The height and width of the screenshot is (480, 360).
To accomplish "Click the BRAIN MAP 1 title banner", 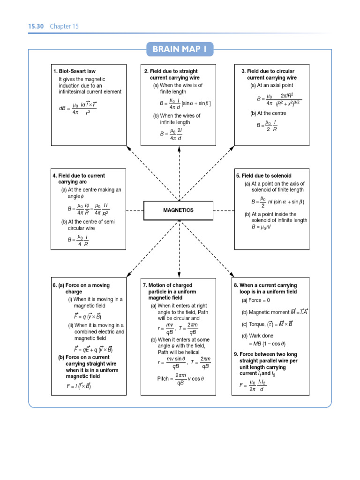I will tap(180, 49).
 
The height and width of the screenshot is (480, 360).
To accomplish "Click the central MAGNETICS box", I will tap(178, 210).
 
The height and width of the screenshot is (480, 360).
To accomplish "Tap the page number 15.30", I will tap(36, 26).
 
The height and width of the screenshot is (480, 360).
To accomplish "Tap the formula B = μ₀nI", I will tap(261, 227).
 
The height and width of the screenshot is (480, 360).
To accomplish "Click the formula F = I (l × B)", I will tap(78, 387).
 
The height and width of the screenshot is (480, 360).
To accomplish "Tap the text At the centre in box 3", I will tap(268, 113).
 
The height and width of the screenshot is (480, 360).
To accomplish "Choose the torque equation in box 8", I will tap(267, 323).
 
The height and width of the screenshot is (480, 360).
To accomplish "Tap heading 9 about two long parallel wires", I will tap(266, 360).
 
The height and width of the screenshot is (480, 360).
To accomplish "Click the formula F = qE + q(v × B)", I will tap(93, 349).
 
